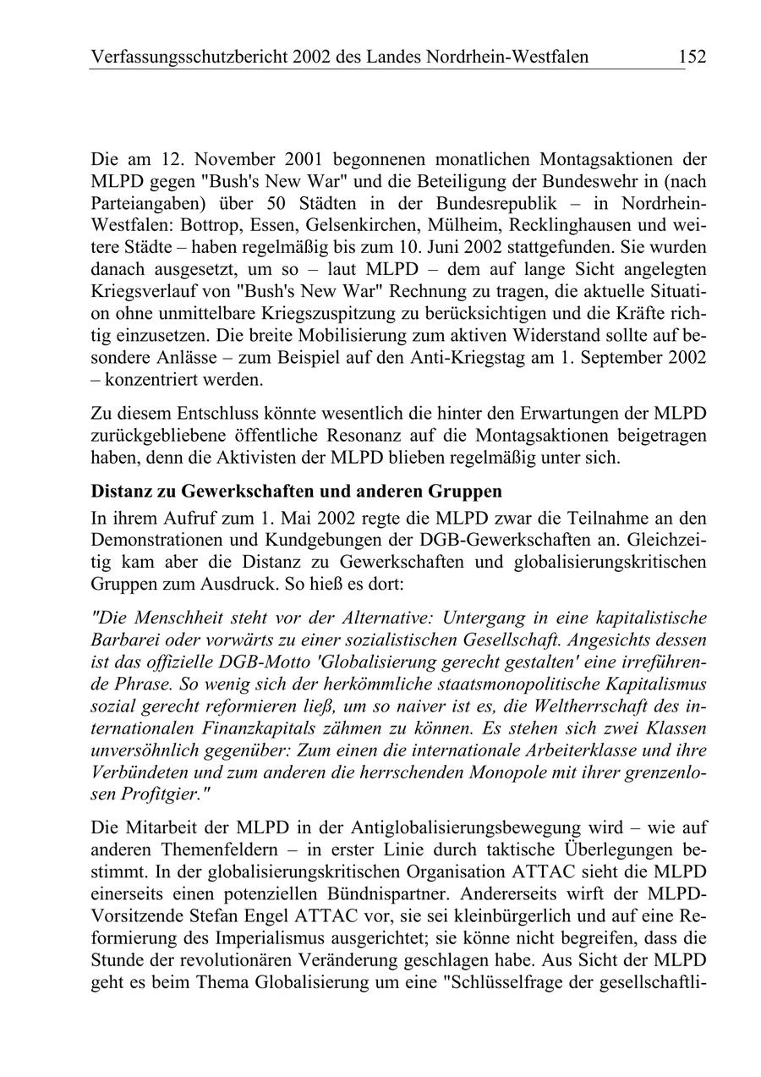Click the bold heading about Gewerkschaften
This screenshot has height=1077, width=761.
pos(296,492)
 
